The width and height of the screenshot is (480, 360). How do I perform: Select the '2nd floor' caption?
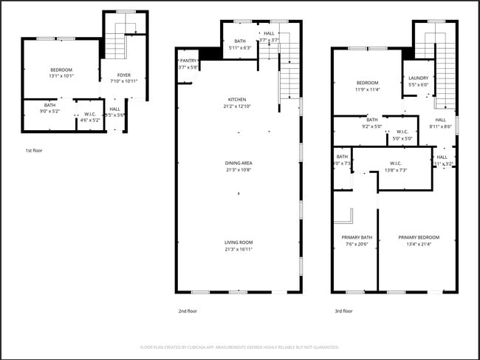[188, 311]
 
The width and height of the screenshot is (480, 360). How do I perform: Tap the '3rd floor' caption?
[343, 311]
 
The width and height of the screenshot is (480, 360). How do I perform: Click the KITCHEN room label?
[237, 100]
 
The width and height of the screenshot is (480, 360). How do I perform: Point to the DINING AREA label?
[238, 163]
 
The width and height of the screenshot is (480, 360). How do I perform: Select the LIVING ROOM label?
[239, 242]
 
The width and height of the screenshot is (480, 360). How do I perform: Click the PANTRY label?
[188, 61]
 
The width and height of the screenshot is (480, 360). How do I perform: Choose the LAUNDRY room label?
[418, 78]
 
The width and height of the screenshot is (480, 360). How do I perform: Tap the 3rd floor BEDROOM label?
[367, 83]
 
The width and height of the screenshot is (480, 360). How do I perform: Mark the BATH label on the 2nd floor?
[240, 41]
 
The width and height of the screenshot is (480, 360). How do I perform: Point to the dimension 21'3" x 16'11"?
[239, 250]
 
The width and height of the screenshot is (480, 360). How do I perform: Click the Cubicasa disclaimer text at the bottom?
[239, 347]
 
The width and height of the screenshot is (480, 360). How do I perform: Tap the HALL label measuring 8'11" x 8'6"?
[440, 120]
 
